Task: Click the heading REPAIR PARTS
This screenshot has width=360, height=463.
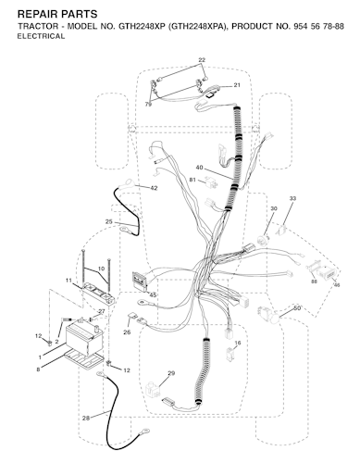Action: [57, 14]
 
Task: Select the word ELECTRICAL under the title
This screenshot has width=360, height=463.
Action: [41, 36]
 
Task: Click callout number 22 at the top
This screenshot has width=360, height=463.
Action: [202, 60]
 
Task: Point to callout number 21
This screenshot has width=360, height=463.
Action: [237, 85]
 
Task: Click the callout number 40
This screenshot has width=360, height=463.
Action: [199, 168]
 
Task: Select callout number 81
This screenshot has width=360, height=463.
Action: [192, 180]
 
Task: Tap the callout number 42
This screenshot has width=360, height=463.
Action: [154, 188]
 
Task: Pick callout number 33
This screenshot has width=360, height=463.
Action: [292, 198]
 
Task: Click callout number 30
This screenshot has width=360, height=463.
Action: [274, 208]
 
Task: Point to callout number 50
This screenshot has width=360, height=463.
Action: [297, 308]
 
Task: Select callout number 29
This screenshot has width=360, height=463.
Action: [171, 373]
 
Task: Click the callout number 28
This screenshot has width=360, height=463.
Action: [86, 419]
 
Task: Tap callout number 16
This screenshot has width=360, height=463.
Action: [238, 343]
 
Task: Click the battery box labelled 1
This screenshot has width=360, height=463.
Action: [85, 340]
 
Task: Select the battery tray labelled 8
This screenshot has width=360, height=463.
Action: [85, 359]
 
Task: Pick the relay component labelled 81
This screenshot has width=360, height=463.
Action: [211, 181]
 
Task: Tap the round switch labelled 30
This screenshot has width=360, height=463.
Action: [264, 240]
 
